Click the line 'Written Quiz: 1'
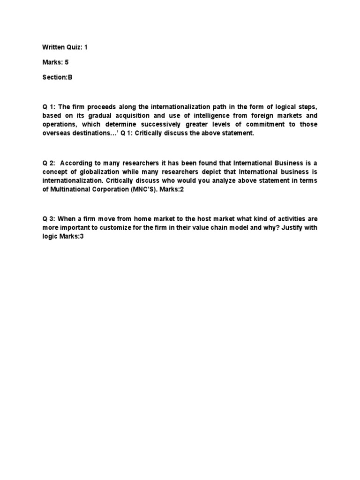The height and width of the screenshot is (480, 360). (65, 47)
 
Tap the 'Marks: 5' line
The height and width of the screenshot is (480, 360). (55, 62)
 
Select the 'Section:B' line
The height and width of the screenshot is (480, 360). (58, 77)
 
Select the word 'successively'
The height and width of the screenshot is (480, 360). (162, 124)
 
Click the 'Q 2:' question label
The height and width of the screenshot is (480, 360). (49, 163)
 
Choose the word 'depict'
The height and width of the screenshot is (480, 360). (202, 172)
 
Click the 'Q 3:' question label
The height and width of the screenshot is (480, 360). (49, 219)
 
